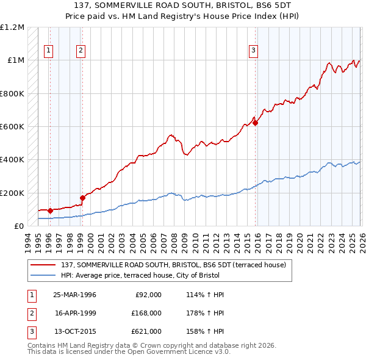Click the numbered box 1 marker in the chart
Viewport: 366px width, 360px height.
(x=49, y=51)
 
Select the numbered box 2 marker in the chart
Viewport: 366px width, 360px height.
(x=81, y=51)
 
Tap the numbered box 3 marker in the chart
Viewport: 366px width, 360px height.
(x=254, y=51)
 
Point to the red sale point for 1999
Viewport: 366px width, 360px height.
(x=82, y=198)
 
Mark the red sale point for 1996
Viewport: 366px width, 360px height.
(x=50, y=211)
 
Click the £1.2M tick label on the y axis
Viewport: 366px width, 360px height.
(x=12, y=27)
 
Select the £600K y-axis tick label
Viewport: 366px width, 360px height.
(x=12, y=126)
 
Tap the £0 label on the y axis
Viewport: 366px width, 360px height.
(x=18, y=226)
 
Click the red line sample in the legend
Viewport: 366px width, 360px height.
(x=44, y=264)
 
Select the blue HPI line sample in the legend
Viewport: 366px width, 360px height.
(x=44, y=275)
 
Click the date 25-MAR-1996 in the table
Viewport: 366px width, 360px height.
(x=75, y=295)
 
